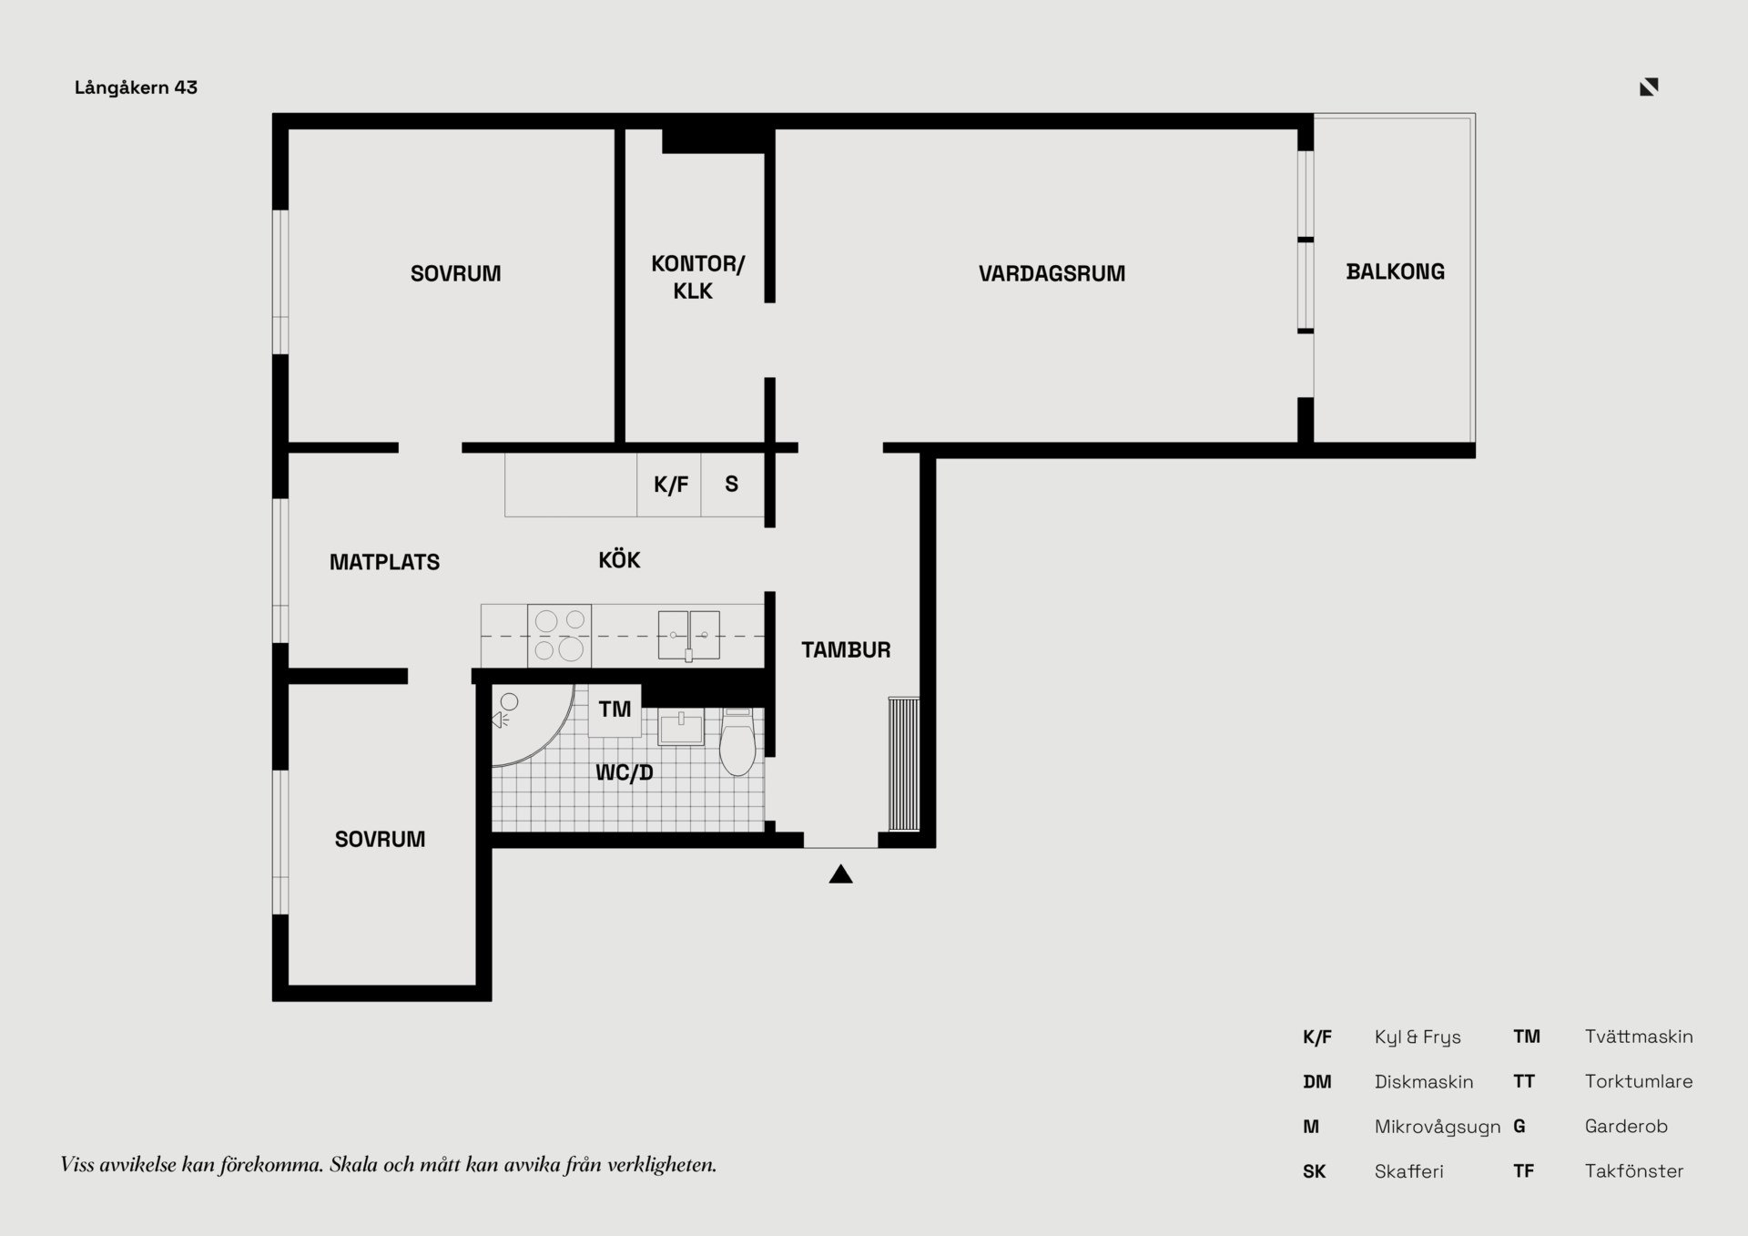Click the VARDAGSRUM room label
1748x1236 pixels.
[x=1052, y=273]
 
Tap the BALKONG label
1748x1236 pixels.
[x=1395, y=271]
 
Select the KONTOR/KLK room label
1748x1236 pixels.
[x=697, y=278]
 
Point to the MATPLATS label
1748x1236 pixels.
[x=384, y=562]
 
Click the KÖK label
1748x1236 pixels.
[x=619, y=559]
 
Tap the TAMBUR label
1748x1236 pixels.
[x=846, y=649]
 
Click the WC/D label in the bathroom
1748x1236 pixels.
[x=625, y=772]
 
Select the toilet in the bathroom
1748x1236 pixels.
[x=737, y=741]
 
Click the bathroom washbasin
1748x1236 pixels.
[x=681, y=728]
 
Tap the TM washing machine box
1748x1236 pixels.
[x=615, y=710]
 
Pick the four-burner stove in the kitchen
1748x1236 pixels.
[x=559, y=636]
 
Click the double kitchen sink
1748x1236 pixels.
[x=689, y=635]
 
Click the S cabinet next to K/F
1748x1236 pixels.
[x=732, y=485]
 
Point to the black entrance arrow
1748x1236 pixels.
[x=840, y=874]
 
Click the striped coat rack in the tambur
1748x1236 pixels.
[x=904, y=764]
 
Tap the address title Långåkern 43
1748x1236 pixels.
[x=137, y=87]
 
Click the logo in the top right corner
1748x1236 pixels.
[x=1649, y=87]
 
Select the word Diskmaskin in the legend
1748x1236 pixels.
[x=1424, y=1082]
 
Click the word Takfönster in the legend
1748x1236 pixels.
[x=1634, y=1171]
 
